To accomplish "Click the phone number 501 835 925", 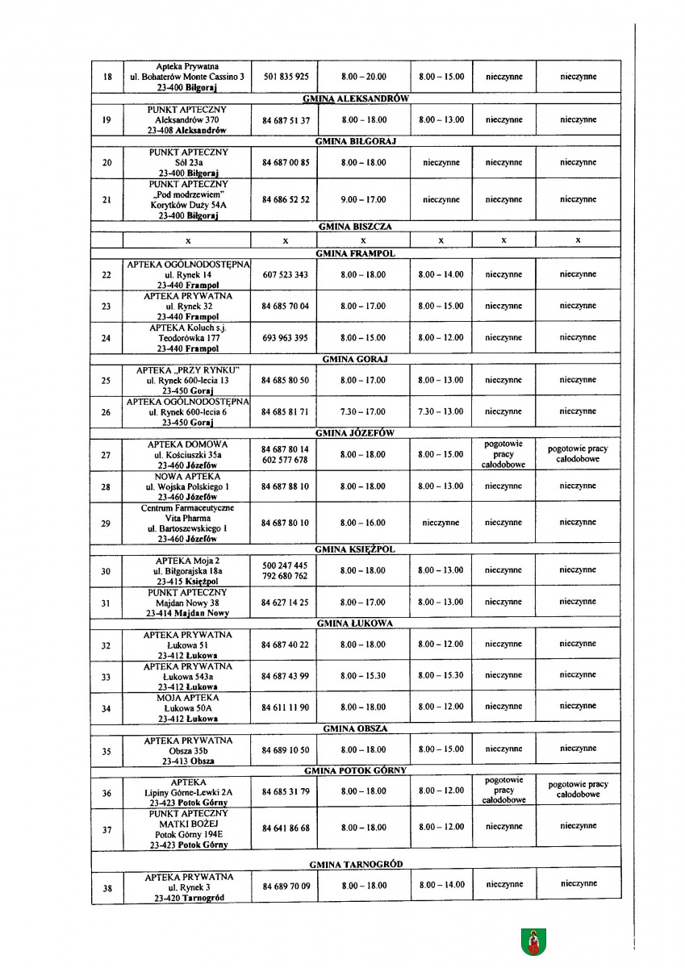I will coord(286,77).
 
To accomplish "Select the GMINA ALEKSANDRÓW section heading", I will coord(355,98).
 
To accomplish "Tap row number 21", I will coord(107,199).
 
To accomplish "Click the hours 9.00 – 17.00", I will coord(363,199).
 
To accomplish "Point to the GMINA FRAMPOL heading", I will coord(355,253).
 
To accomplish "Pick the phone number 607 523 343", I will coord(286,274).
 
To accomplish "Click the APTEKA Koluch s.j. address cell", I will coord(190,338).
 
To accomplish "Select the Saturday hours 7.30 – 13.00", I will coord(441,411).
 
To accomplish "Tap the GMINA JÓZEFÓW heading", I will coord(355,433).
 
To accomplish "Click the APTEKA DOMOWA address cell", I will coord(190,455).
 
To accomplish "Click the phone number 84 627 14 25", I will coord(286,602).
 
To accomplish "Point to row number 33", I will coord(107,676).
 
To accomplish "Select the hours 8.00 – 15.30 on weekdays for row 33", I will coord(363,675).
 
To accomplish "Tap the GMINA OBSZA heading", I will coord(355,728).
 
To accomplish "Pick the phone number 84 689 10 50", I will coord(286,750).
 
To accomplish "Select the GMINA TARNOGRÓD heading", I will coord(355,864).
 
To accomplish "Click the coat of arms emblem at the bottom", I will coord(534,939).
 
